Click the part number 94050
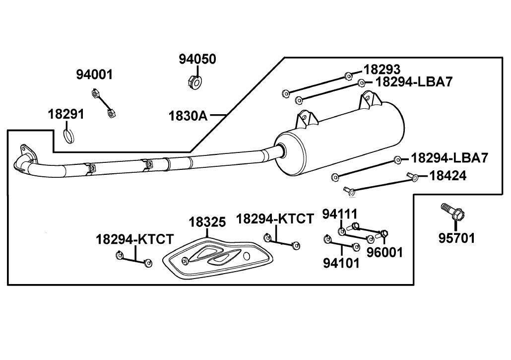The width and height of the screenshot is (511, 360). (x=197, y=60)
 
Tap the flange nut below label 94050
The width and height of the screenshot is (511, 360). (x=195, y=82)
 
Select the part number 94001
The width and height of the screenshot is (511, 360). (x=94, y=74)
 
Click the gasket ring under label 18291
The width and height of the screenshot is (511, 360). (x=68, y=136)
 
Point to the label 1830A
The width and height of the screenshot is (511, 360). (x=188, y=116)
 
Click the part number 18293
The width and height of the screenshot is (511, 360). (x=382, y=70)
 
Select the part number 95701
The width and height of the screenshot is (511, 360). (x=456, y=238)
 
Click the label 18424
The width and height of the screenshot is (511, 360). (x=448, y=176)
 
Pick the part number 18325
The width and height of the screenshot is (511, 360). (x=207, y=222)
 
